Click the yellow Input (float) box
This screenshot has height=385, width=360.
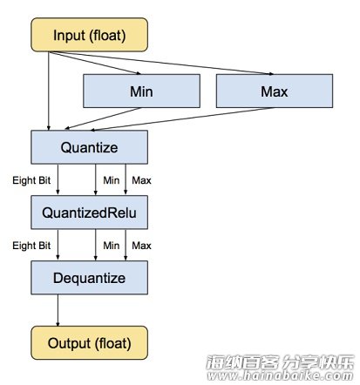coord(89,35)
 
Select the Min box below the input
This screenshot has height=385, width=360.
coord(141,91)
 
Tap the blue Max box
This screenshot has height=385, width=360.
coord(275,91)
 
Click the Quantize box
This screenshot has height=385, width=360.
coord(89,147)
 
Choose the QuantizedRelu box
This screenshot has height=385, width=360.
coord(89,213)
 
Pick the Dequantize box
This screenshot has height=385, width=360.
coord(89,278)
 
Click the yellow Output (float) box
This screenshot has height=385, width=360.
coord(89,343)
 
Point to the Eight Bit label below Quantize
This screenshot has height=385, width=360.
coord(31,180)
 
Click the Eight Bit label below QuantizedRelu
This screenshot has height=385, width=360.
coord(31,246)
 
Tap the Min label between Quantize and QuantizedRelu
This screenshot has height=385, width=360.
coord(112,180)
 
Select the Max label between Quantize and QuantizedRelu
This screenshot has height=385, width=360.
coord(141,180)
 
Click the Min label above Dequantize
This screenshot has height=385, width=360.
coord(112,246)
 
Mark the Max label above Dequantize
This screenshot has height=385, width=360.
coord(141,246)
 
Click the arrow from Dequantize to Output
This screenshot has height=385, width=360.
coord(58,310)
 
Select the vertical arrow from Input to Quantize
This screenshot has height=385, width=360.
coord(49,91)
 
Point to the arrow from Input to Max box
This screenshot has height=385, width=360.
coord(161,63)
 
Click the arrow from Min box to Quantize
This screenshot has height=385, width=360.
coord(103,118)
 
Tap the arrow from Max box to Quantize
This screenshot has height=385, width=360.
coord(182,119)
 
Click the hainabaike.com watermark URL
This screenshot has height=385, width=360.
coord(280,375)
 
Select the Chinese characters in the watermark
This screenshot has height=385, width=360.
coord(280,361)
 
